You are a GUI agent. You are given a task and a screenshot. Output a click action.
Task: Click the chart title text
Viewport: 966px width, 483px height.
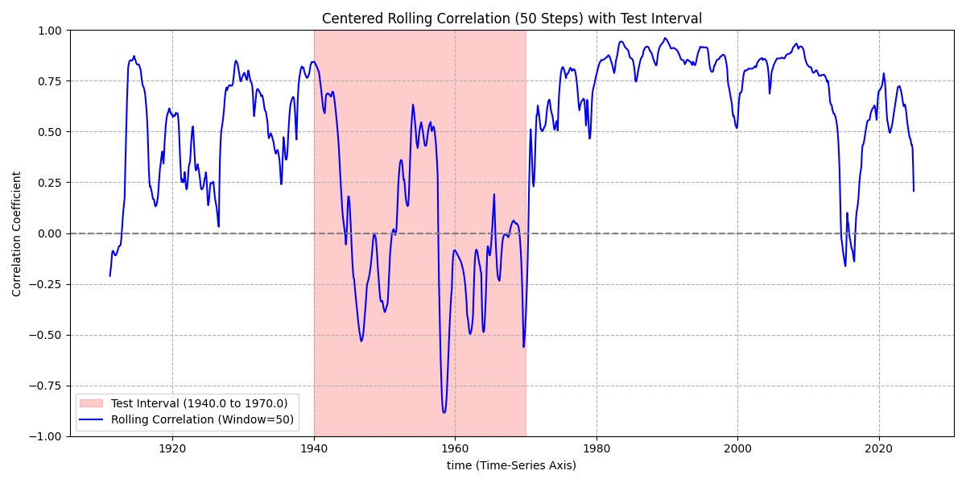click(x=511, y=19)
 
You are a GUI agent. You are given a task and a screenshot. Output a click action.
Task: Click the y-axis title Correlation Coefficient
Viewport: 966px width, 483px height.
click(x=17, y=233)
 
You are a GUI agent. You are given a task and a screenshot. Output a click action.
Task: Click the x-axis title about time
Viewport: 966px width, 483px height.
click(x=511, y=465)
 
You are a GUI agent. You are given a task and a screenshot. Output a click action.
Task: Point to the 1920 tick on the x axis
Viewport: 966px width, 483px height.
click(x=172, y=448)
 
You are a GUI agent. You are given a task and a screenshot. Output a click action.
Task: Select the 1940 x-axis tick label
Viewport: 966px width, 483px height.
click(x=314, y=448)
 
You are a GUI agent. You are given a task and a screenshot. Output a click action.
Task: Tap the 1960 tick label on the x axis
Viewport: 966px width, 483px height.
click(x=455, y=448)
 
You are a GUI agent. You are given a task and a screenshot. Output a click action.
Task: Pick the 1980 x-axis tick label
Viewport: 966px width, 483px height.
click(x=597, y=448)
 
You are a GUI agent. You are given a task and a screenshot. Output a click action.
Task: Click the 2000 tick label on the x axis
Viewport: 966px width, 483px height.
click(x=737, y=448)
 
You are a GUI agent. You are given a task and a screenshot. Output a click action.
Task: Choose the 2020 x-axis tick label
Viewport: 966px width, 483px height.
click(x=879, y=448)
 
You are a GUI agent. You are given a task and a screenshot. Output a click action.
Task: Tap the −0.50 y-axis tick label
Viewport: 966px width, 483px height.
click(x=46, y=335)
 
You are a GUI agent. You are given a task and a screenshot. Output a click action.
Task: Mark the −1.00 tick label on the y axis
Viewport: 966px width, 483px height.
click(x=46, y=436)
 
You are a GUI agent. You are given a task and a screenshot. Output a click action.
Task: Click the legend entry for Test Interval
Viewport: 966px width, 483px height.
click(x=199, y=403)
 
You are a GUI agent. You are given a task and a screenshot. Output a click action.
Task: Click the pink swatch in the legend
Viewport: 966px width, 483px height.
click(x=93, y=403)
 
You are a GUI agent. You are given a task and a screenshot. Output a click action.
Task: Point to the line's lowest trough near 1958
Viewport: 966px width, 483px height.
click(x=444, y=413)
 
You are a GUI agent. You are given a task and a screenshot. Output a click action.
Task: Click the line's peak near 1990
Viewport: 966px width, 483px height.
click(x=665, y=38)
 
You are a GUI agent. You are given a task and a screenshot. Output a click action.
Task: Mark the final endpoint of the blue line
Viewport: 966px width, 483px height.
click(x=914, y=191)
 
